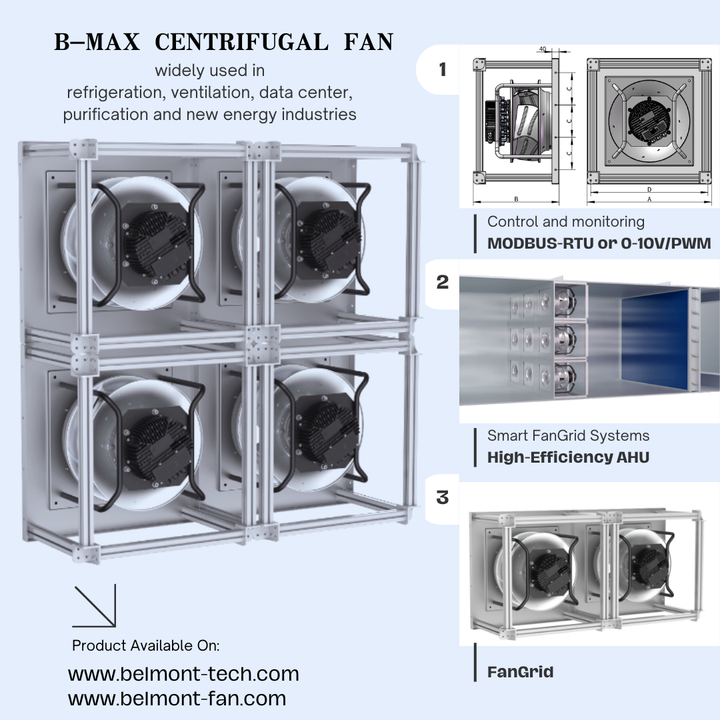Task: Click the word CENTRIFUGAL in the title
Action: click(x=241, y=43)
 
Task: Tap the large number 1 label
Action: click(x=443, y=69)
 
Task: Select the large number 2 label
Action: click(x=443, y=282)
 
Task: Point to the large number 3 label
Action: click(x=443, y=498)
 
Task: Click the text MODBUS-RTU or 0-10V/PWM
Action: click(x=599, y=243)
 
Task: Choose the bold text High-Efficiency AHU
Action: click(x=568, y=457)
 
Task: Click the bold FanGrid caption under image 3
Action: click(x=520, y=671)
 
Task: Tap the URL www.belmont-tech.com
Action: click(x=183, y=673)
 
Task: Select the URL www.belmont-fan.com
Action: click(x=177, y=699)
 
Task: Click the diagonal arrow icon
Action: click(x=95, y=606)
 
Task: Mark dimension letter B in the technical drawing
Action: click(x=516, y=199)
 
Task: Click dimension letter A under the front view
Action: click(x=649, y=199)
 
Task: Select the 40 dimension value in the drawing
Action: click(x=543, y=49)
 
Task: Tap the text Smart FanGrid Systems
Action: click(x=568, y=435)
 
